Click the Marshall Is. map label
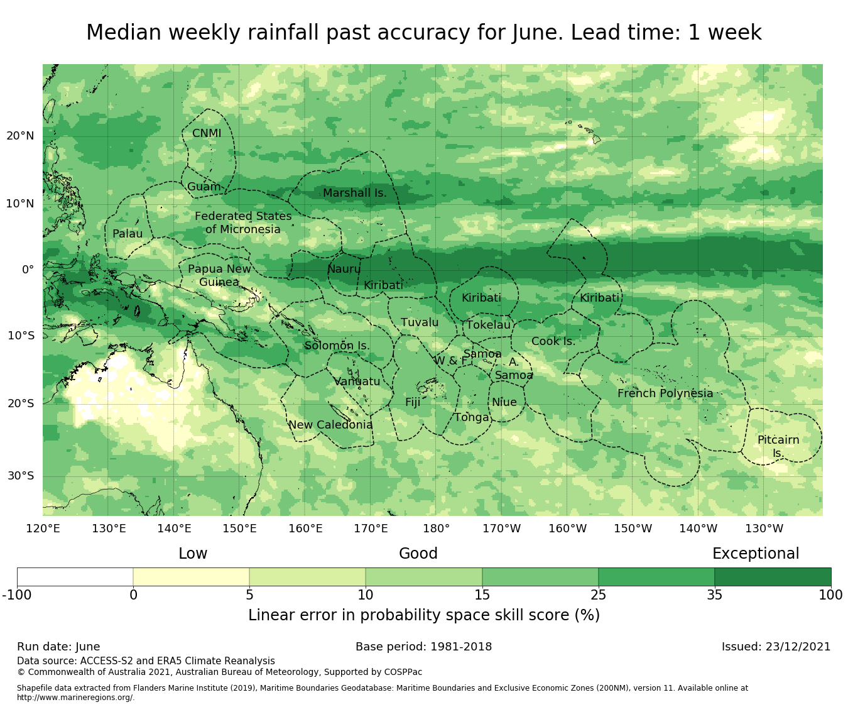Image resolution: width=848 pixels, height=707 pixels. click(x=354, y=193)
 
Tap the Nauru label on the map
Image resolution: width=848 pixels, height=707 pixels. click(x=344, y=269)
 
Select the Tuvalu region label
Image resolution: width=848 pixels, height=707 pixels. click(x=420, y=322)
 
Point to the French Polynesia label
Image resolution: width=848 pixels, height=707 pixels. click(x=665, y=393)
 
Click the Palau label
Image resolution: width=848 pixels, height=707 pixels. click(x=128, y=234)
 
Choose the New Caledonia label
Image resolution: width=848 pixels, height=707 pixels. click(x=330, y=425)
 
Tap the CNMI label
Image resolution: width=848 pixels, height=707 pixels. click(x=207, y=133)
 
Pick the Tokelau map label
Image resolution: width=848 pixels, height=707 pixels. click(x=488, y=325)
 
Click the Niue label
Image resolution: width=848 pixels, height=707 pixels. click(x=504, y=402)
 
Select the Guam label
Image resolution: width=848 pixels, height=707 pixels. click(x=204, y=187)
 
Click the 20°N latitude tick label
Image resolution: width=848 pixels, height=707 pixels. click(x=20, y=136)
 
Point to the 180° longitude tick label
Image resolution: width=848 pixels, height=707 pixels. click(x=436, y=529)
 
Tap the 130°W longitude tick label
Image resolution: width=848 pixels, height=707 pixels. click(x=764, y=529)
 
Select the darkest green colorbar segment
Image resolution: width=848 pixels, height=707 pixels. click(x=773, y=576)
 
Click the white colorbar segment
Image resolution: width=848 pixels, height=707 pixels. click(x=75, y=576)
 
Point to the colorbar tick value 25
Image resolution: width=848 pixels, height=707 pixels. click(x=598, y=595)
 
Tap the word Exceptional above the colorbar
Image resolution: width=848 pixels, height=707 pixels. click(x=756, y=554)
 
